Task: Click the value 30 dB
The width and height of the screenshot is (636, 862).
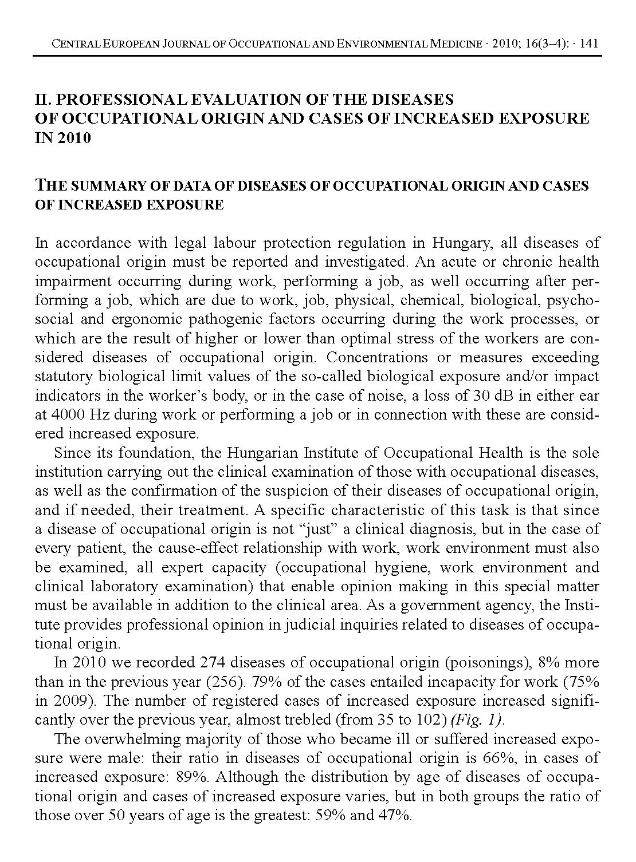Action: click(490, 396)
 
